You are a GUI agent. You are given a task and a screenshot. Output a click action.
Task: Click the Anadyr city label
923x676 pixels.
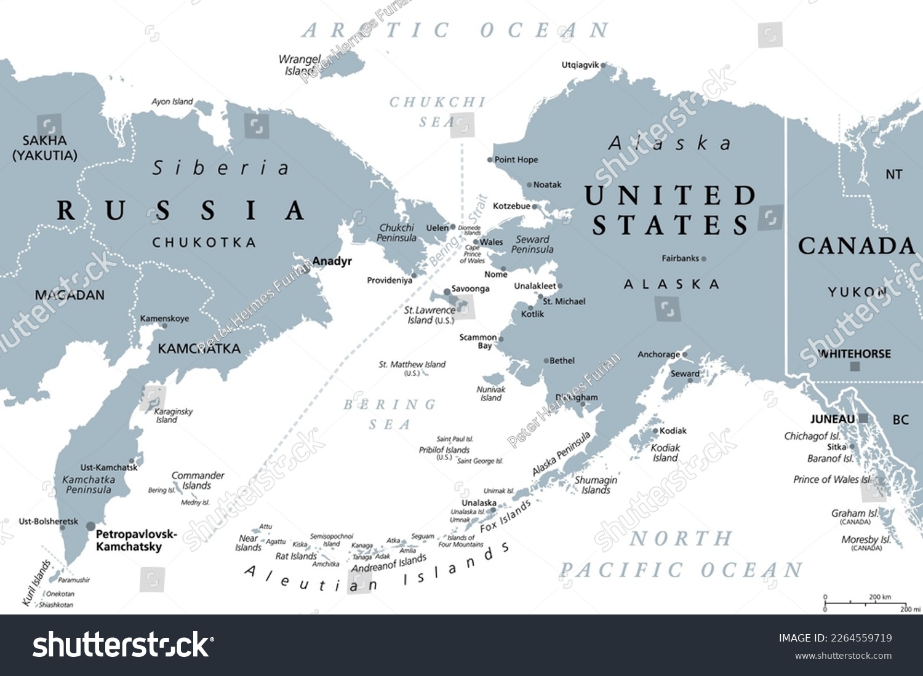coord(332,261)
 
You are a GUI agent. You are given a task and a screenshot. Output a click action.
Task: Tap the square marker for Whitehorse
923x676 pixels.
coord(855,367)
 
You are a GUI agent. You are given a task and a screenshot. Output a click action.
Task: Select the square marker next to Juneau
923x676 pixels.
coord(863,418)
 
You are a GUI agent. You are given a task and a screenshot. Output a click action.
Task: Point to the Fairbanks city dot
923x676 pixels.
coord(704,259)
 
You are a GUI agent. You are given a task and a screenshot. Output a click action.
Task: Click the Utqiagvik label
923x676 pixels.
coord(580,65)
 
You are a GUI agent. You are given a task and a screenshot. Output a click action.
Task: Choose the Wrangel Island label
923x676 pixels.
coord(300,65)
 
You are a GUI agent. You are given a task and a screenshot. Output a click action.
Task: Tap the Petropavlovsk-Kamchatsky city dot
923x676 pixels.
coord(90,526)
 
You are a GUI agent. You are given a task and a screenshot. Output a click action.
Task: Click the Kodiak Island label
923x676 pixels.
coord(665,453)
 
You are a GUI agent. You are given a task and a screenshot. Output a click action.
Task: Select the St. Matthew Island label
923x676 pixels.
coord(412,365)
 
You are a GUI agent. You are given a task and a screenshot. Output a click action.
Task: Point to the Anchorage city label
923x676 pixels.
coord(658,354)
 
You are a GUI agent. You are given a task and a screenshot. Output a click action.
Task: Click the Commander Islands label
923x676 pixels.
coord(198,480)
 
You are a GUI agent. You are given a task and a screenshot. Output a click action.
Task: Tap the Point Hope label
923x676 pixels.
coord(516,160)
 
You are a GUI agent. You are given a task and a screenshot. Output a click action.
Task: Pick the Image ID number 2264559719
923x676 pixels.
coord(863,638)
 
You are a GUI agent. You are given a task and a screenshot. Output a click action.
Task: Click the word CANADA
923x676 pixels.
coord(857,246)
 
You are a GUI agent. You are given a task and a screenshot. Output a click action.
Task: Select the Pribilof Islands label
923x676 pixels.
coord(444,450)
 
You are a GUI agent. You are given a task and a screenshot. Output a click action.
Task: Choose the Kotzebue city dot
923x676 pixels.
coord(535,207)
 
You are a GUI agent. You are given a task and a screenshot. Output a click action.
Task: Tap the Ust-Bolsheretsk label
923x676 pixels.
coord(49,522)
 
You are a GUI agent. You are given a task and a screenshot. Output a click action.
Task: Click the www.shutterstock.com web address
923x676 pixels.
coord(843,656)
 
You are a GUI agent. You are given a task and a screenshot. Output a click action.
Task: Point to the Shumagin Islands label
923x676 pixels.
coord(596,485)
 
